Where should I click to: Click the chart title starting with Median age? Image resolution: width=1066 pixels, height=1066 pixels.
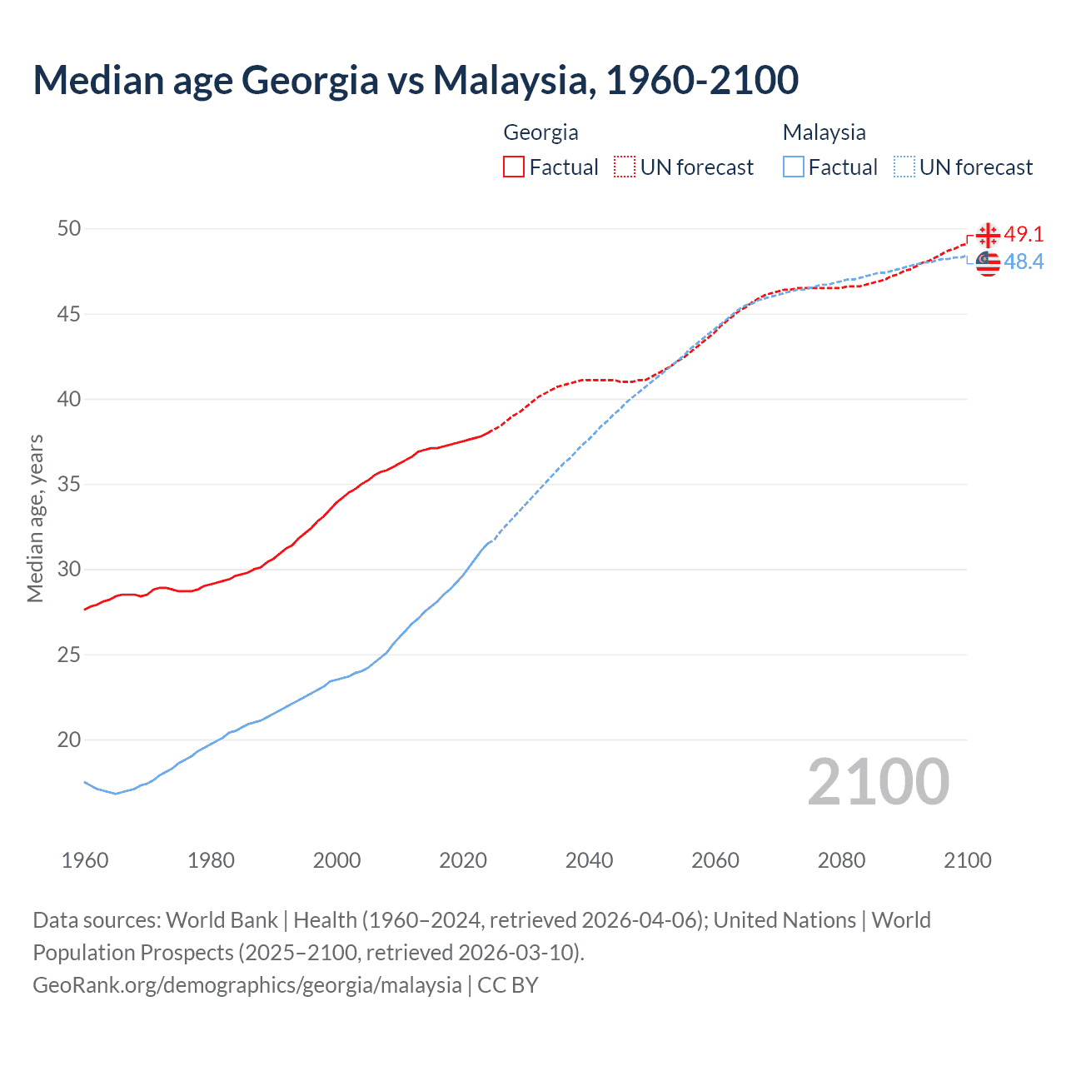point(416,80)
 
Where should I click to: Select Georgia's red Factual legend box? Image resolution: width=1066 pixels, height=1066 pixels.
point(514,167)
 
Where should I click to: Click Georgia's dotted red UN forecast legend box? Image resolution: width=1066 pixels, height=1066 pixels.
point(625,167)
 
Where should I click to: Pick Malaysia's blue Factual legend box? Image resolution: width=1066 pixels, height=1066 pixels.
point(794,167)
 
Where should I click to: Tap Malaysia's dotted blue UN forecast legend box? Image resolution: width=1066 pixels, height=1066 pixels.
point(904,167)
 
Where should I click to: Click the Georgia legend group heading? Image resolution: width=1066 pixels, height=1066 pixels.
point(540,132)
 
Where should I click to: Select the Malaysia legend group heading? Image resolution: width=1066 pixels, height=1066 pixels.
point(824,132)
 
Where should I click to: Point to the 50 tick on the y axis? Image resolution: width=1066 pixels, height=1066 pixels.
point(69,228)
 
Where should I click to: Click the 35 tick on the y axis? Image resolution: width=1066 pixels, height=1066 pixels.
point(69,484)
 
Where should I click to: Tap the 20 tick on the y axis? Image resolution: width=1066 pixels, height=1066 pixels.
point(69,740)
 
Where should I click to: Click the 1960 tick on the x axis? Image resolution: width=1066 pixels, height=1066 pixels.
point(85,860)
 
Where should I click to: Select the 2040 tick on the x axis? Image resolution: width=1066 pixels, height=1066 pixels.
point(589,860)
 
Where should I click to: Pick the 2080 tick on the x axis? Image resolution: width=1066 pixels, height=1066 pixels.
point(841,860)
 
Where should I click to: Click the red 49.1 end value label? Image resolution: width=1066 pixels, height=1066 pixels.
point(1024,235)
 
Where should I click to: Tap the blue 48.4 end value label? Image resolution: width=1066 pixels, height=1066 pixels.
point(1024,262)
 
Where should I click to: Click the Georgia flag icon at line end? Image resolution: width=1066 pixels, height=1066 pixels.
point(988,236)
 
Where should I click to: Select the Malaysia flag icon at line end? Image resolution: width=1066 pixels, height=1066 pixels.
point(988,262)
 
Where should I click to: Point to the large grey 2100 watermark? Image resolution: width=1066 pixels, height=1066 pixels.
point(878,781)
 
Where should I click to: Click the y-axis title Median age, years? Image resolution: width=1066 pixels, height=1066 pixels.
point(35,518)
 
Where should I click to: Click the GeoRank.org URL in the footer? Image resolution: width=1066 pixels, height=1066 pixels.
point(247,985)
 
